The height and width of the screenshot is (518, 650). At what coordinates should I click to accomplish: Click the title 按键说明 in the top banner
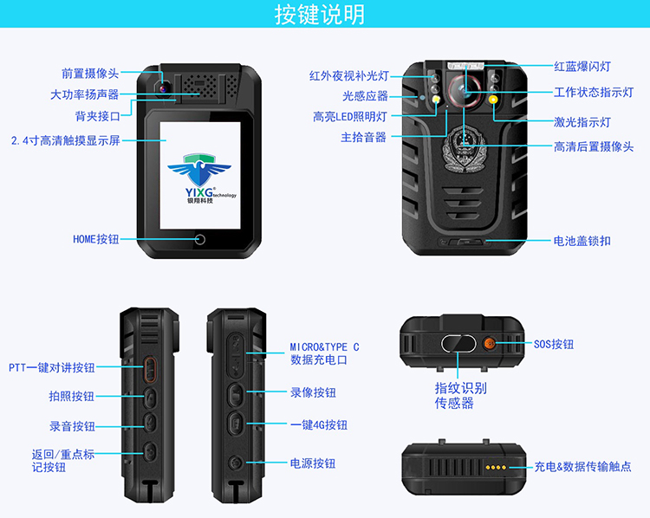click(320, 15)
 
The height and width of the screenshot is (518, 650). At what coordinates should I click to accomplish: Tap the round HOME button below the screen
click(200, 240)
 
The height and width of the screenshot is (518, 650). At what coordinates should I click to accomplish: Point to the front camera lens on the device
click(163, 87)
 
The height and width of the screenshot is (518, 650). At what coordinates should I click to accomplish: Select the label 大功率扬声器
click(85, 94)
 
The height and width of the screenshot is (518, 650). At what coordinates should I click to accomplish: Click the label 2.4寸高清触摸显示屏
click(66, 140)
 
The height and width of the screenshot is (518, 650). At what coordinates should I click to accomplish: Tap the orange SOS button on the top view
click(490, 343)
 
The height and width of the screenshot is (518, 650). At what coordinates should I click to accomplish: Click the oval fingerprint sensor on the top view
click(458, 344)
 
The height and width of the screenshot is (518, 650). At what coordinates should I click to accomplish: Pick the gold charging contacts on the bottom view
click(496, 468)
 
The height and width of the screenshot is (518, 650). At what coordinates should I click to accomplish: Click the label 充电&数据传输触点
click(582, 467)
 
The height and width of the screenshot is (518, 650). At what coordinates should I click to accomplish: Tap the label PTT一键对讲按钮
click(52, 367)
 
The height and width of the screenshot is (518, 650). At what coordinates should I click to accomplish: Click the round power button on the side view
click(236, 462)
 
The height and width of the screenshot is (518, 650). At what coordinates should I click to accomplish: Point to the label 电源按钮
click(313, 463)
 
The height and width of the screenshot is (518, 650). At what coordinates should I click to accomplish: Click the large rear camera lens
click(465, 89)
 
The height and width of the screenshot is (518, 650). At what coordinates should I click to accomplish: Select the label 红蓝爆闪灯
click(582, 67)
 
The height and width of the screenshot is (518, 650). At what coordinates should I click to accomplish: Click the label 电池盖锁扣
click(582, 241)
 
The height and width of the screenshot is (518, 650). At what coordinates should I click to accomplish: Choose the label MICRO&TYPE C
click(324, 346)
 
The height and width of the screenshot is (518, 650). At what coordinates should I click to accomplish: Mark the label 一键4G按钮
click(318, 424)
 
